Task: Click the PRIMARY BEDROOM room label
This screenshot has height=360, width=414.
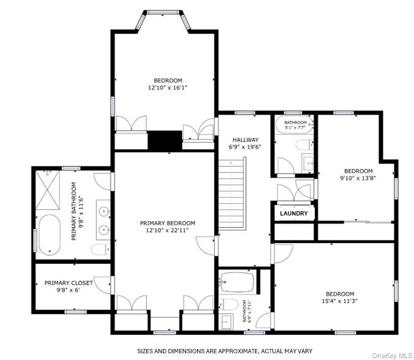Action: [x=167, y=223]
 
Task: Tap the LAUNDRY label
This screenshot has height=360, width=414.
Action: [x=294, y=214]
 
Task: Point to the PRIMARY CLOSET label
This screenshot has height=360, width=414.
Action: [x=68, y=283]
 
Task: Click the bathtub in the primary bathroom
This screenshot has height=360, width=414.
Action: [x=48, y=234]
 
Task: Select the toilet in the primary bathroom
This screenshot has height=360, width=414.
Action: [x=100, y=249]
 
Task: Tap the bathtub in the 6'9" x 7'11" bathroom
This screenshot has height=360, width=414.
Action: [x=237, y=282]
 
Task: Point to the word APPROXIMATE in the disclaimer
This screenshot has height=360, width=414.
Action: [x=225, y=351]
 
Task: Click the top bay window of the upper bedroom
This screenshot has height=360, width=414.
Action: [x=164, y=12]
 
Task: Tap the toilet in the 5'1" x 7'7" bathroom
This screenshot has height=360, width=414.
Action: [x=303, y=145]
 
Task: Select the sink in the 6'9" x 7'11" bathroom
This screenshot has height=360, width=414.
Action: [x=225, y=322]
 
